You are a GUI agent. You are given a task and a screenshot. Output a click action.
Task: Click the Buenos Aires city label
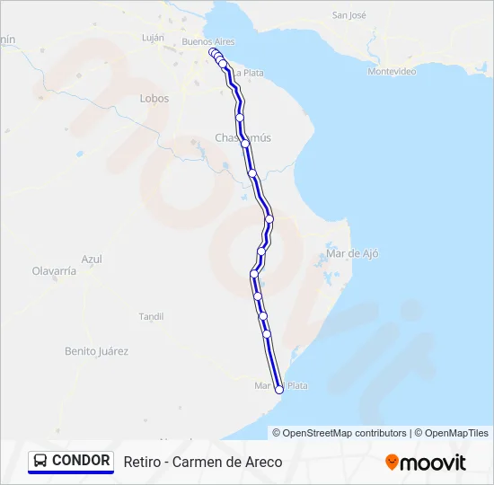point(207,41)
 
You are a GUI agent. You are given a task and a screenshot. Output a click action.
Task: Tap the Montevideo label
point(392,71)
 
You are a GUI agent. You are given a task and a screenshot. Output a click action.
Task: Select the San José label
point(350,15)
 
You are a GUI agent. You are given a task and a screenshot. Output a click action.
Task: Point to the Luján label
point(154,38)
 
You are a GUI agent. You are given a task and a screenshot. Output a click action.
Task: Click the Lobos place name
point(154,99)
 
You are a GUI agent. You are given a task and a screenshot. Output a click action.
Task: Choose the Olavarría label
point(54,270)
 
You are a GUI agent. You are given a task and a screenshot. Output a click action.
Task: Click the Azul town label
point(92,259)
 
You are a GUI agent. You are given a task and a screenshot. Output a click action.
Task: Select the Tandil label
point(151,316)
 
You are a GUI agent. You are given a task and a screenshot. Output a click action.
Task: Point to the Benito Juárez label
point(97,351)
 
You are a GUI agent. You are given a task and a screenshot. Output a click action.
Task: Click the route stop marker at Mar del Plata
point(279,389)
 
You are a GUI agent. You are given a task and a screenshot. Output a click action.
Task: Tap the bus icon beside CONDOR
point(40,461)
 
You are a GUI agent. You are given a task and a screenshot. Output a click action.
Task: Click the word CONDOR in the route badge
point(81,461)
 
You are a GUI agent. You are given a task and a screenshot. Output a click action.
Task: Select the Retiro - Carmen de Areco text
point(203,462)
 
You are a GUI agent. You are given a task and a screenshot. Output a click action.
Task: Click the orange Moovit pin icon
point(392,463)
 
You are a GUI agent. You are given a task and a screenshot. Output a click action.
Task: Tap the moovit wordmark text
point(434,463)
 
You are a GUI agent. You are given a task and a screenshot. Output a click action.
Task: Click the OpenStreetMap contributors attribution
point(345,433)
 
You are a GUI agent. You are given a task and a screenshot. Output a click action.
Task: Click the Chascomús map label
point(243,137)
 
